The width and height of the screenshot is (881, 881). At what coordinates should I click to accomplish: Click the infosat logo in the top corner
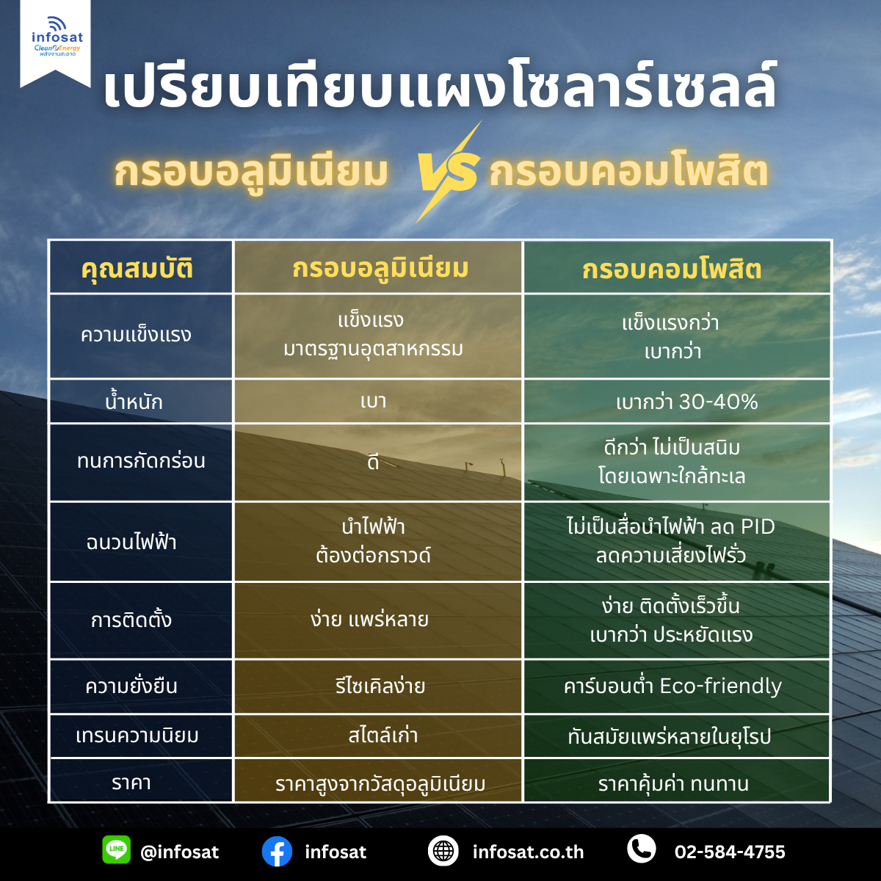[x=57, y=37]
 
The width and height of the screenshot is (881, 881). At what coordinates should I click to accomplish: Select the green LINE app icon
[x=116, y=850]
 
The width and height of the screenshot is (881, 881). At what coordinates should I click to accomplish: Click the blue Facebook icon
[x=277, y=852]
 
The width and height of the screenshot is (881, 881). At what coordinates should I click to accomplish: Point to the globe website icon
[x=443, y=851]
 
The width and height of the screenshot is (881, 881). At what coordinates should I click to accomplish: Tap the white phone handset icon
[x=642, y=849]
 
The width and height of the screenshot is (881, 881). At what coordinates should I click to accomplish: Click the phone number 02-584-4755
[x=730, y=852]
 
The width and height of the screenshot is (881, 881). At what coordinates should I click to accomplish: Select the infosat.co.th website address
[x=528, y=852]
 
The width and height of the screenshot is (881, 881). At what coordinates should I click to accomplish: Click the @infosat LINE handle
[x=179, y=852]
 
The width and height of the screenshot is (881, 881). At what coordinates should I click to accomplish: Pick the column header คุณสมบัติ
[x=137, y=269]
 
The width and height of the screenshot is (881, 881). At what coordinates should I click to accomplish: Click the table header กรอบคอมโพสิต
[x=672, y=269]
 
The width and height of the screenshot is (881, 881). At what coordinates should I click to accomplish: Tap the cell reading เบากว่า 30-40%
[x=686, y=402]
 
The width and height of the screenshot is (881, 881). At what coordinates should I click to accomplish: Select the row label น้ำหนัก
[x=134, y=402]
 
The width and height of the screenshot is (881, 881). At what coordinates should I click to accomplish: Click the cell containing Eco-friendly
[x=672, y=686]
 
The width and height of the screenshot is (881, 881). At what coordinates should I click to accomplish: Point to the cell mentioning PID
[x=671, y=541]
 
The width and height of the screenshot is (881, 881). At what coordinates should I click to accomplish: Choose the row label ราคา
[x=131, y=783]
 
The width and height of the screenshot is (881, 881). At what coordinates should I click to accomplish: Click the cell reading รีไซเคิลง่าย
[x=380, y=686]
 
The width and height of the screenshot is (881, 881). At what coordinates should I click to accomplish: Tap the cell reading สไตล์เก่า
[x=383, y=736]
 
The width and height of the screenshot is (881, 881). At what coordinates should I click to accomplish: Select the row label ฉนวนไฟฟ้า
[x=131, y=543]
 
